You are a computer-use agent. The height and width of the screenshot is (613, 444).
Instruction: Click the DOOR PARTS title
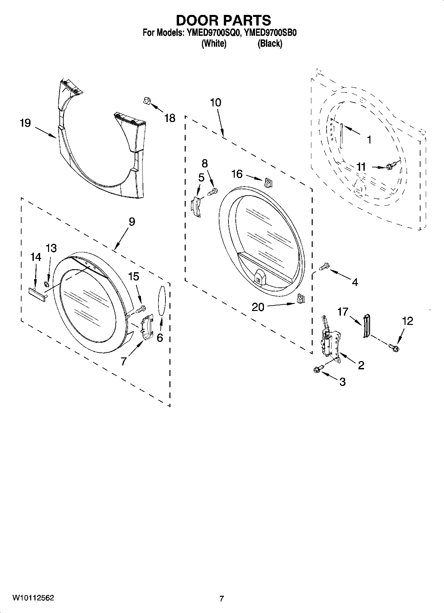pos(223,21)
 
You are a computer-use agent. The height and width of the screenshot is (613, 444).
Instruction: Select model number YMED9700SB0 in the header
pos(270,33)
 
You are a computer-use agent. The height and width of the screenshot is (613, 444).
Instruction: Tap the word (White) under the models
pos(214,43)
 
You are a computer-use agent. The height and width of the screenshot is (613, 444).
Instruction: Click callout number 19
pos(25,123)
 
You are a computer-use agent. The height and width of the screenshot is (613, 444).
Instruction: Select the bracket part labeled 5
pos(196,207)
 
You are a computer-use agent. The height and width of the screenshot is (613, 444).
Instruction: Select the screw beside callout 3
pos(317,369)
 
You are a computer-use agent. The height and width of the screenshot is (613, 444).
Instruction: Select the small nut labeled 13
pos(47,284)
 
